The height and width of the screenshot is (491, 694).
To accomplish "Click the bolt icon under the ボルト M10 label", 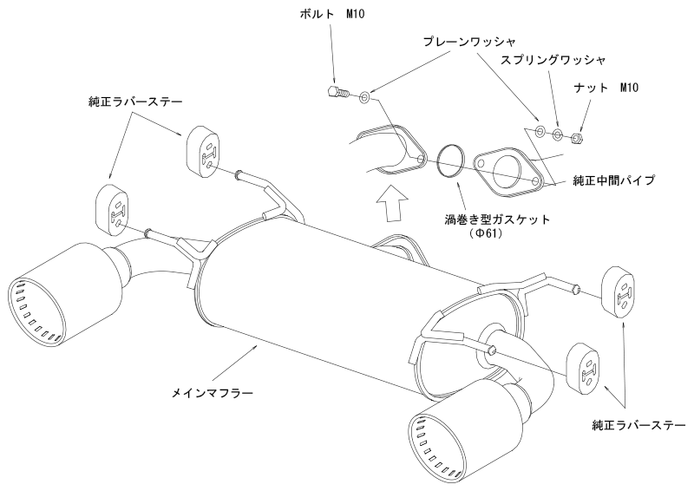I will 337,91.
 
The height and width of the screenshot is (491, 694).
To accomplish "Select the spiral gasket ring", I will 450,160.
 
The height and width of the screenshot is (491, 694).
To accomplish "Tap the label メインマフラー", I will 213,392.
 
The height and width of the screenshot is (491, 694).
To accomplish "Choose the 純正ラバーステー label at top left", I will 134,101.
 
